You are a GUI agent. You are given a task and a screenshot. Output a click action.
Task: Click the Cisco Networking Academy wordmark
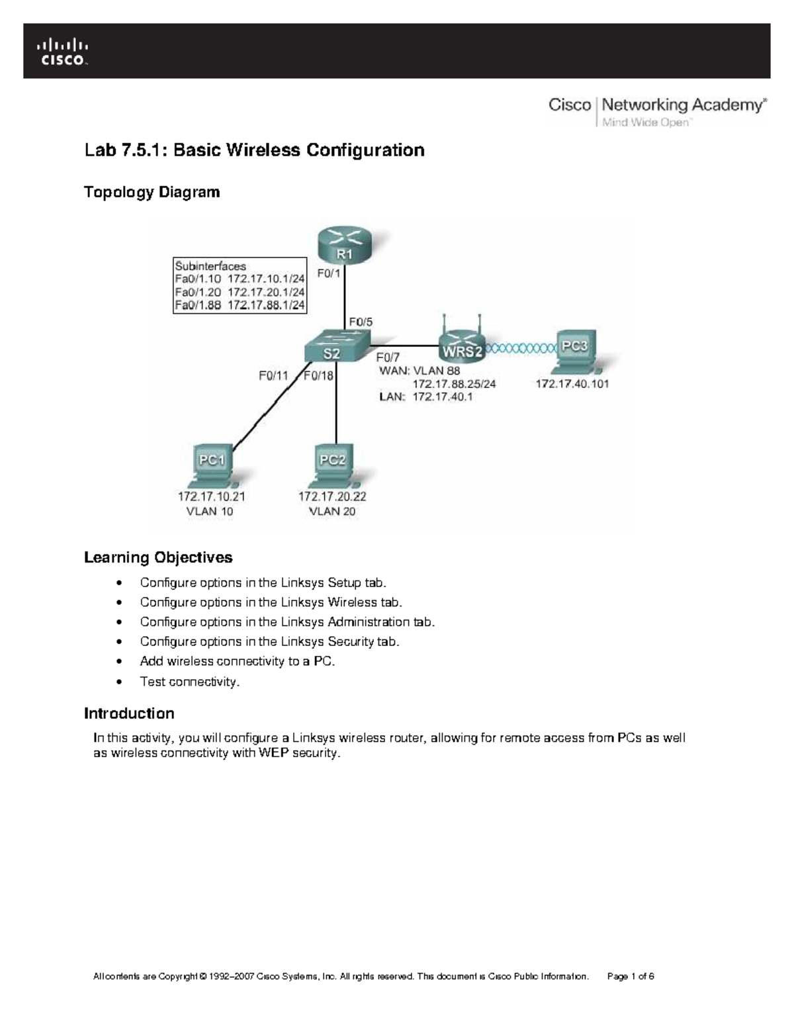[657, 111]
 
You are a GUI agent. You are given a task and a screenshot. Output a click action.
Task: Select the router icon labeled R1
[344, 244]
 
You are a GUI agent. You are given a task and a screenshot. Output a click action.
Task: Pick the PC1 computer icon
[212, 463]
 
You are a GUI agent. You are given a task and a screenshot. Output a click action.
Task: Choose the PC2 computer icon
[333, 463]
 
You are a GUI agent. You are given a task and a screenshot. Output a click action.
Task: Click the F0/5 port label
[361, 322]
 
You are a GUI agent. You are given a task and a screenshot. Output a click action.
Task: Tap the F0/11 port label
[273, 375]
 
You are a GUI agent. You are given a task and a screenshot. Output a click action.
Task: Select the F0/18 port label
[319, 375]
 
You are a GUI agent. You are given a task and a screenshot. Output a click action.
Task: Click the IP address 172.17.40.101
[572, 383]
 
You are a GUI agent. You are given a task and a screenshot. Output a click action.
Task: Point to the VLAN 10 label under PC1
[209, 511]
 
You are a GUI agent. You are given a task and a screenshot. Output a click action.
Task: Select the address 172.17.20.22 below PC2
[332, 496]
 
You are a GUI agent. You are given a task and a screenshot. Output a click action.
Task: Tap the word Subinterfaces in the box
[210, 266]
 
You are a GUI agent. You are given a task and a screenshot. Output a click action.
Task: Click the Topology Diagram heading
[152, 192]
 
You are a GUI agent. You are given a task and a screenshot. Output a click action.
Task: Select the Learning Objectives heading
[158, 557]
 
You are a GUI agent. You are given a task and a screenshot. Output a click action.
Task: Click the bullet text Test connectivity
[189, 681]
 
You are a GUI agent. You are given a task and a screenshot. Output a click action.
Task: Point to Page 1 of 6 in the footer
[630, 976]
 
